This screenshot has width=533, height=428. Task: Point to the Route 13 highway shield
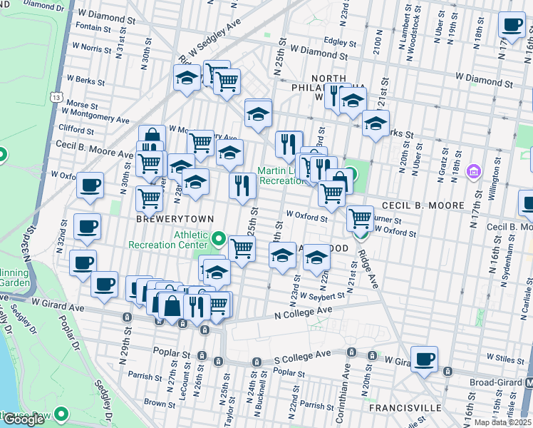[55, 96]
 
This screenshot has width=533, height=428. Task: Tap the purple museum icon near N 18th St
[473, 172]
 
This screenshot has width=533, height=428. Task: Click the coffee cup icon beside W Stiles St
[424, 360]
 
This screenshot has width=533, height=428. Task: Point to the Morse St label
[77, 104]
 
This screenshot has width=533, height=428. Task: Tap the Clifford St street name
[76, 130]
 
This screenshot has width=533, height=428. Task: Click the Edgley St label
[339, 41]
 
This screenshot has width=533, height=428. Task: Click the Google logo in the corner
[24, 419]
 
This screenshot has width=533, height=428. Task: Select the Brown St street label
[155, 402]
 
